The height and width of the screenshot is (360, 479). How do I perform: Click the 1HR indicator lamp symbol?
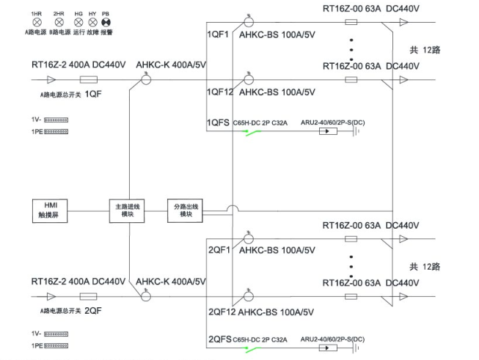click(x=35, y=23)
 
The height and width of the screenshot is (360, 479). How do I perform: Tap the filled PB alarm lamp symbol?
click(x=106, y=23)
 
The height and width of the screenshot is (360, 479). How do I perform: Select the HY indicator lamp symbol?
click(x=92, y=23)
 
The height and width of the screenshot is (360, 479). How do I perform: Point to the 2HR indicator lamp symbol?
click(x=59, y=23)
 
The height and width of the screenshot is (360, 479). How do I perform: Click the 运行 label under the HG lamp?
click(x=78, y=33)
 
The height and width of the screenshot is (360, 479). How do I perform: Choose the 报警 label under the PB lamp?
click(x=106, y=33)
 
